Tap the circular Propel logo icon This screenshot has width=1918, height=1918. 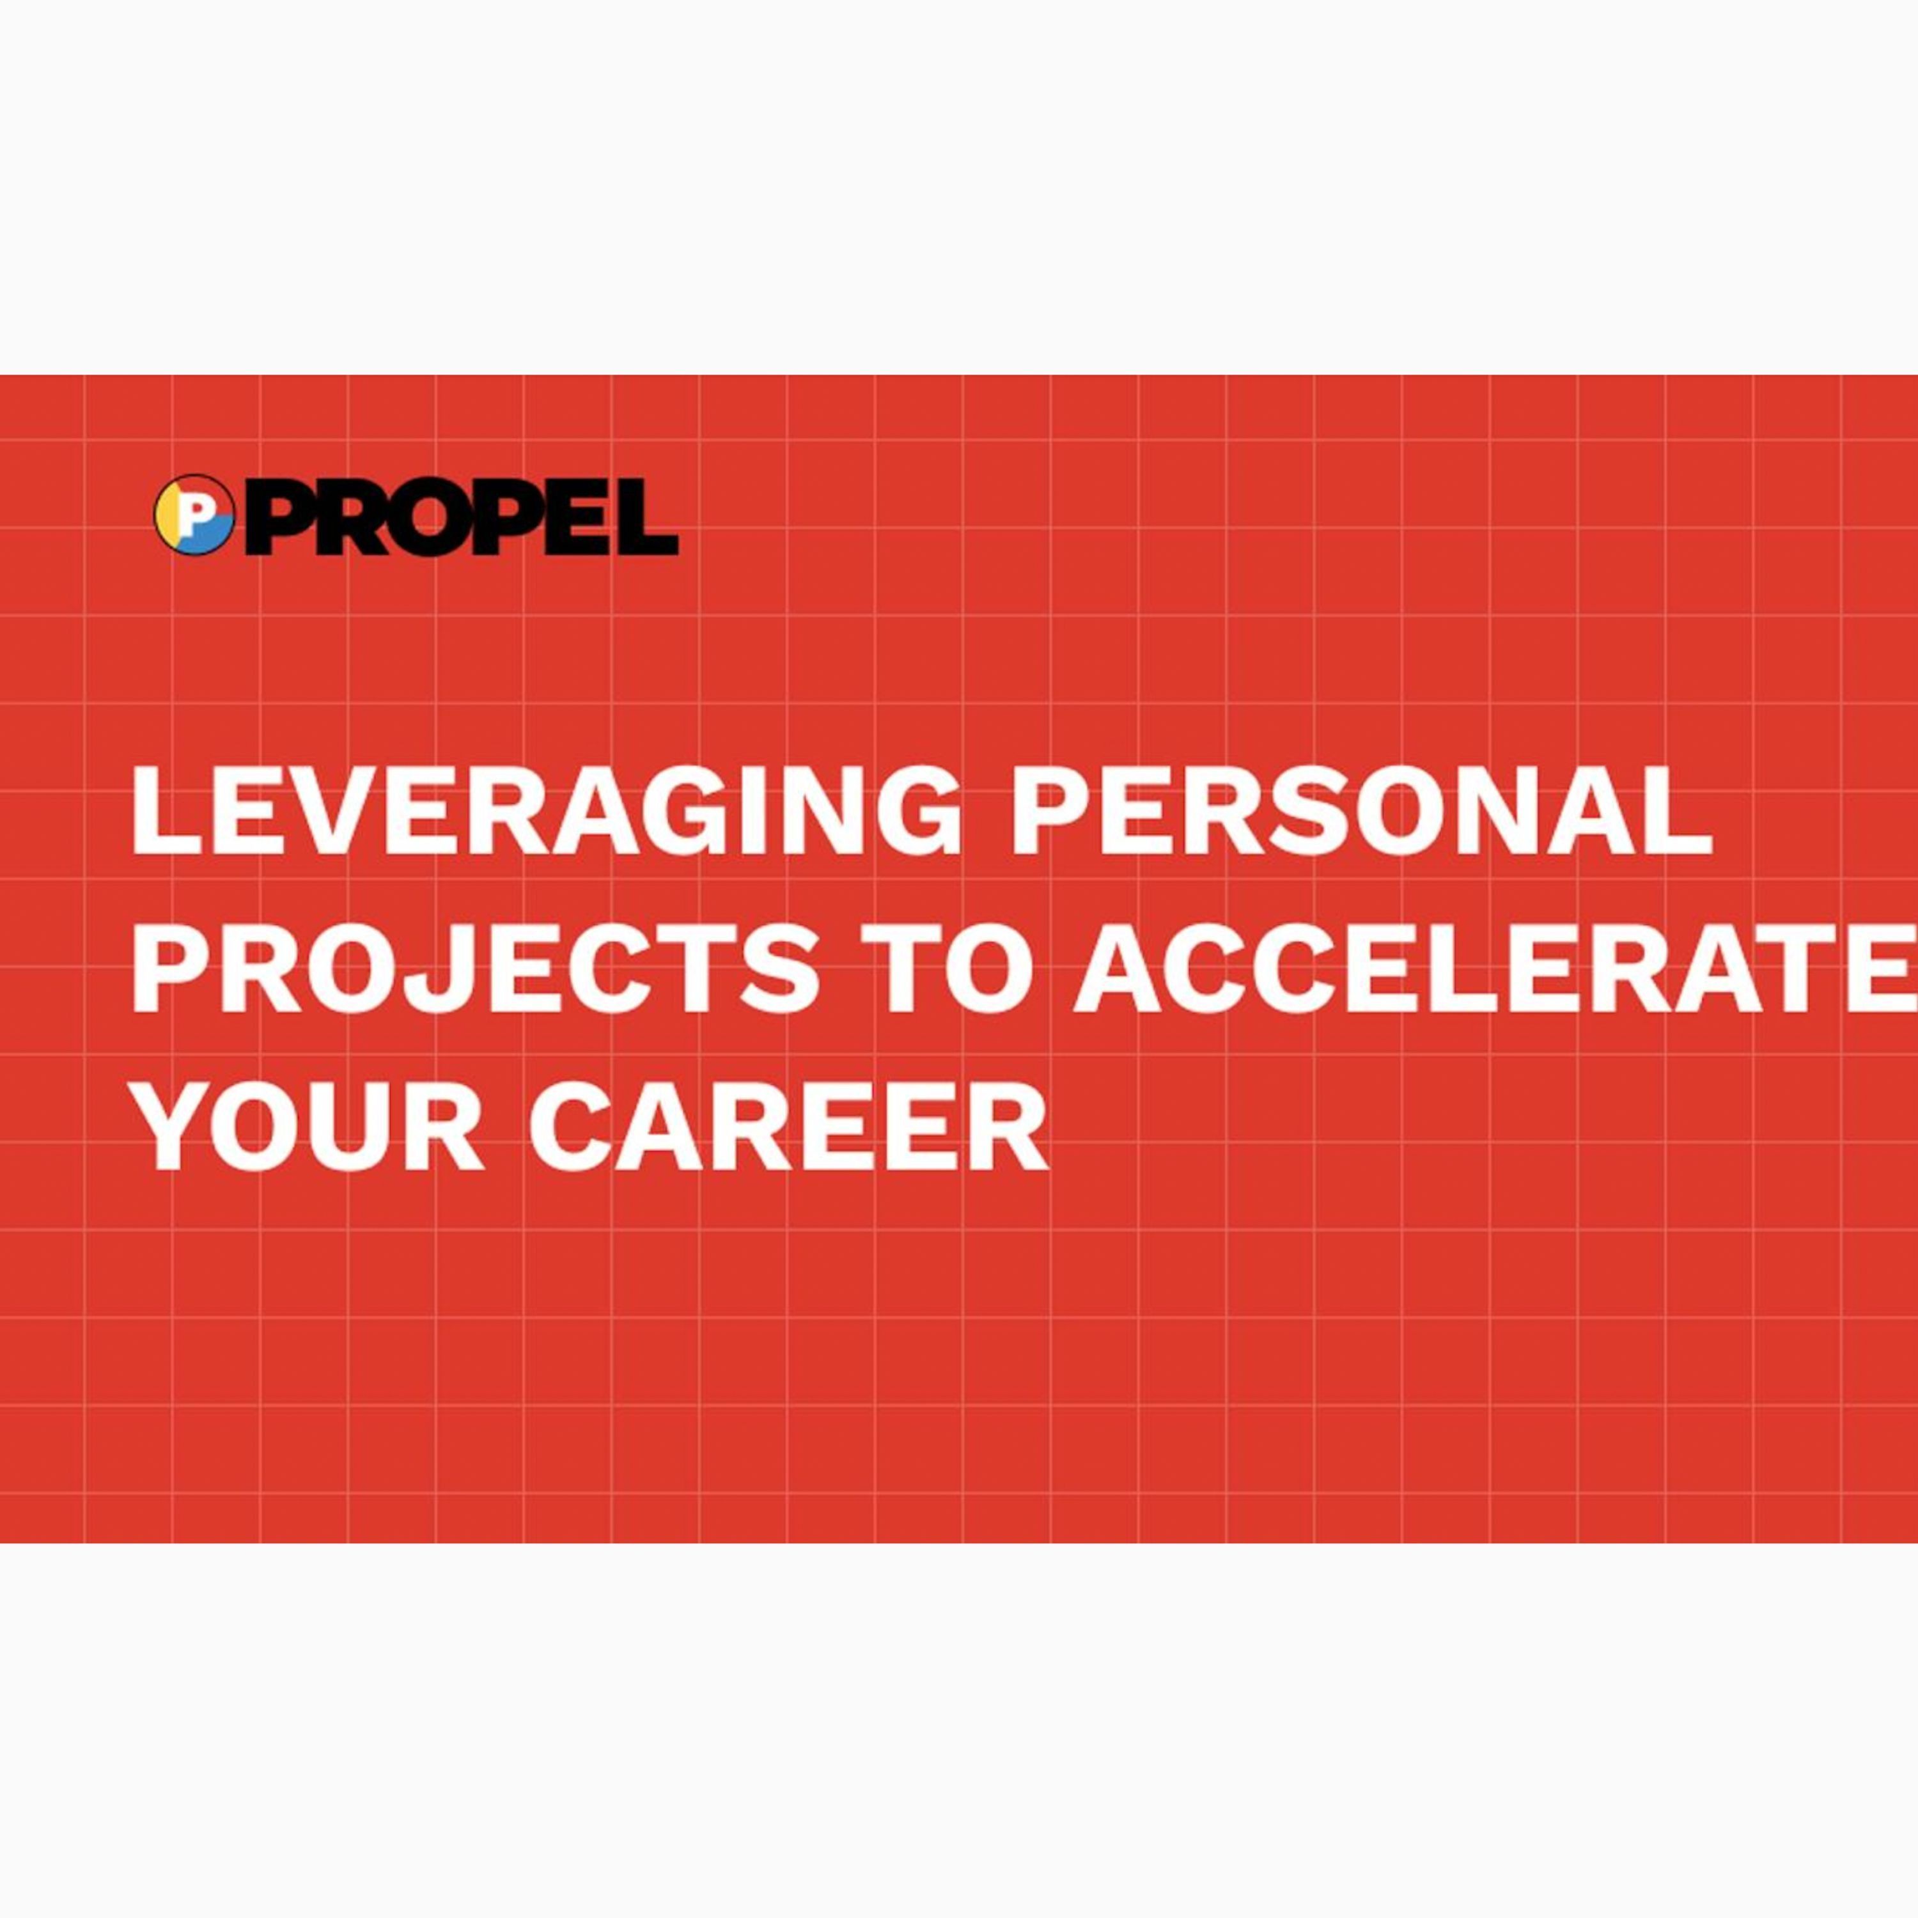point(194,514)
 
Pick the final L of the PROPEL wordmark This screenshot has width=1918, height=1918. point(647,516)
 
